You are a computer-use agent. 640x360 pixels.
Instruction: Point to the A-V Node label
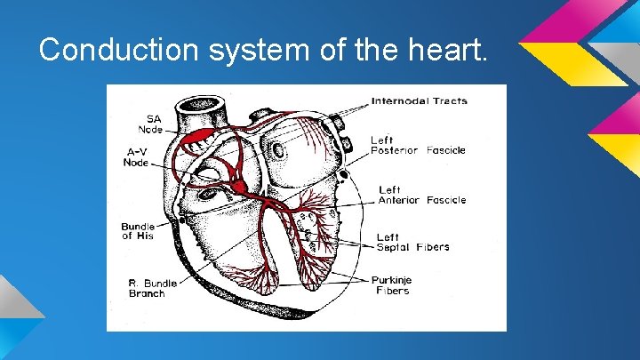click(136, 156)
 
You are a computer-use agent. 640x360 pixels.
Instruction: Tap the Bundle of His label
click(138, 231)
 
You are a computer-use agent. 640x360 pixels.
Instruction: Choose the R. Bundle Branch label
click(147, 288)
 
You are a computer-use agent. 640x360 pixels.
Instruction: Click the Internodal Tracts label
click(419, 101)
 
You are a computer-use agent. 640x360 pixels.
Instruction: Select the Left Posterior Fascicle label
click(418, 145)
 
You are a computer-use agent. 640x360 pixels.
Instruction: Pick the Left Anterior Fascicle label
click(421, 195)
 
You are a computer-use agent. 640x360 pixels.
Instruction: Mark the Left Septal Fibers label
click(412, 242)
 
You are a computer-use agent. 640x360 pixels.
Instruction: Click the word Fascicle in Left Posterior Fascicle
click(445, 150)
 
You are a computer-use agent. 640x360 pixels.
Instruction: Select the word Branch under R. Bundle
click(147, 293)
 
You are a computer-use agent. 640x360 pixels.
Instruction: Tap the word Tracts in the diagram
click(449, 101)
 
